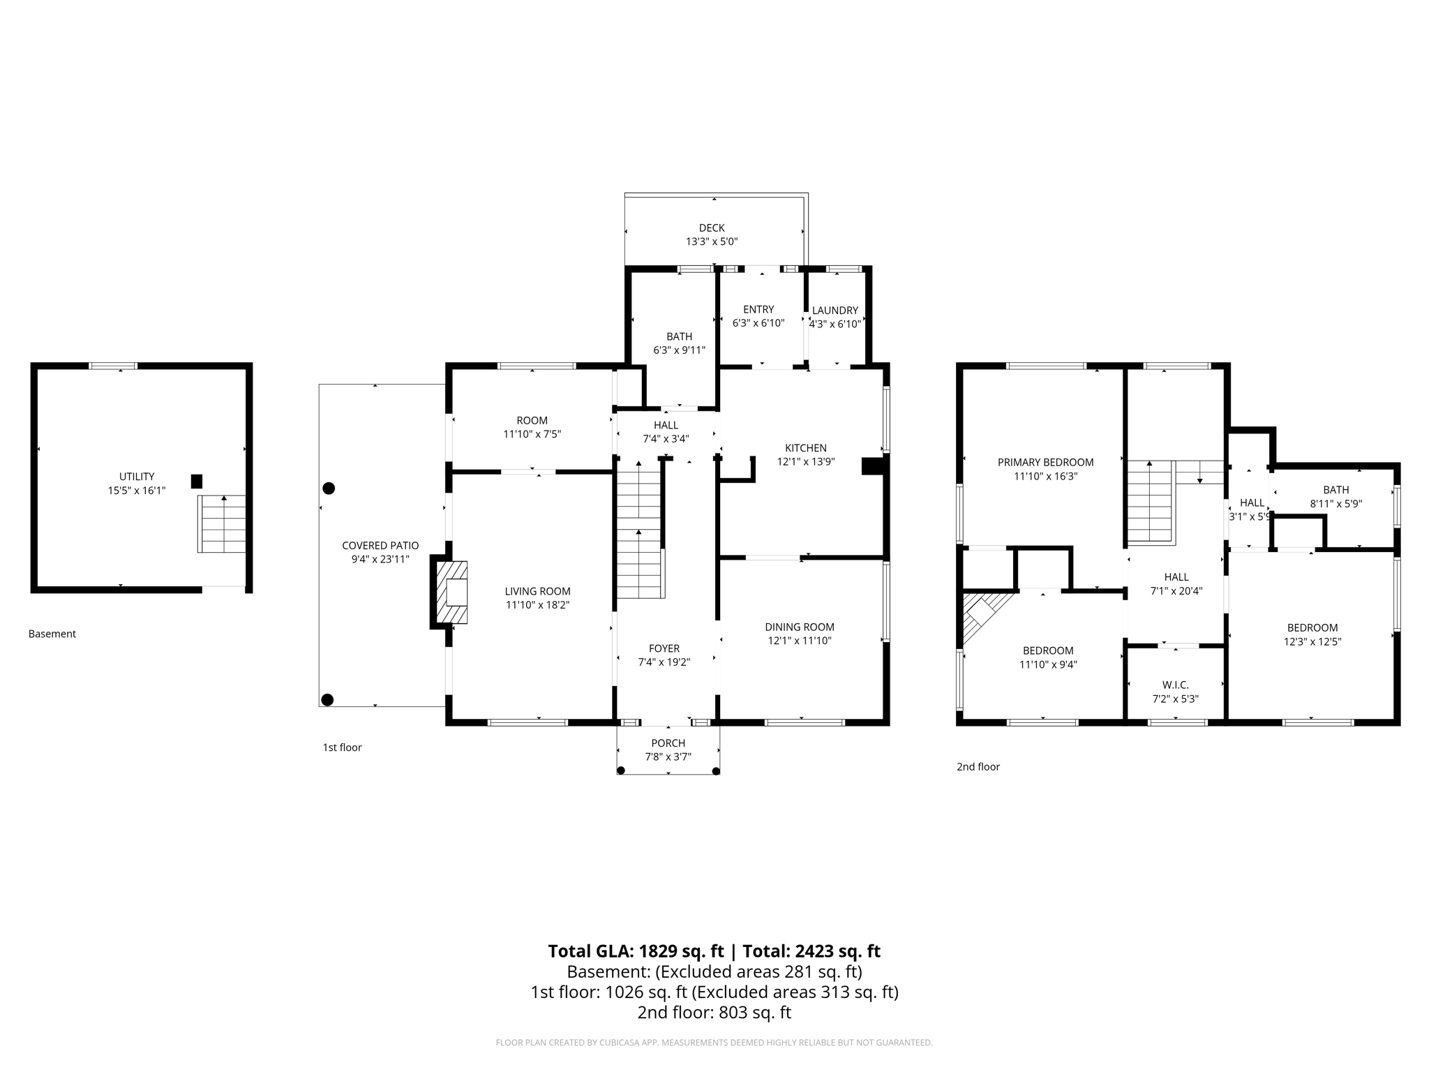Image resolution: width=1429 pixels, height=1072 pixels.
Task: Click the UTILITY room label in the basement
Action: click(x=137, y=477)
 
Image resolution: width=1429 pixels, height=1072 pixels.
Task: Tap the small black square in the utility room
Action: click(x=197, y=482)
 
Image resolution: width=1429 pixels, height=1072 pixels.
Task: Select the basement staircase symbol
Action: click(x=222, y=523)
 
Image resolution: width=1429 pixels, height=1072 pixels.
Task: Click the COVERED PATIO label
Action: click(x=380, y=546)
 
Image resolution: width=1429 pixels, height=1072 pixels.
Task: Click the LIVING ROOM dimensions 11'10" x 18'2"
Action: click(x=537, y=605)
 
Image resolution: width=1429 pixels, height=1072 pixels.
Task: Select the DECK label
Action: click(x=712, y=228)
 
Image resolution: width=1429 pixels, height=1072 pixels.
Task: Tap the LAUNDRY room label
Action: click(x=835, y=311)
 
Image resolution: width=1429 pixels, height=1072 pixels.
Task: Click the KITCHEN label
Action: click(x=806, y=448)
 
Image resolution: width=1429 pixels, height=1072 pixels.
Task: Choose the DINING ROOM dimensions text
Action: click(x=800, y=641)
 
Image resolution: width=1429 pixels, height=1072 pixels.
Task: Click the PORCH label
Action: click(x=668, y=743)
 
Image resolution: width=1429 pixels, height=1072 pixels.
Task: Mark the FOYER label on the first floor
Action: click(x=664, y=648)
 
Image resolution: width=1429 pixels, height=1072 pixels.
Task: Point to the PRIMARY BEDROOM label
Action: click(x=1045, y=462)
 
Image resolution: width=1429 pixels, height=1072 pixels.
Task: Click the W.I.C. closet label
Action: click(x=1176, y=685)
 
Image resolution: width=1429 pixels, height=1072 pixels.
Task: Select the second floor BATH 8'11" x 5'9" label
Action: click(x=1336, y=490)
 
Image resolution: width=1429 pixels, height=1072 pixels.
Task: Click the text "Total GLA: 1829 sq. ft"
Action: click(x=636, y=951)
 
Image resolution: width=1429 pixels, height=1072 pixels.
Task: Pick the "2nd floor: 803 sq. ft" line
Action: click(x=714, y=1012)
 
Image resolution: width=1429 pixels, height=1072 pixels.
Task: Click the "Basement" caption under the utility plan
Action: click(x=52, y=634)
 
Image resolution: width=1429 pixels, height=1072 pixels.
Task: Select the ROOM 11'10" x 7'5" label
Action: click(x=532, y=421)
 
